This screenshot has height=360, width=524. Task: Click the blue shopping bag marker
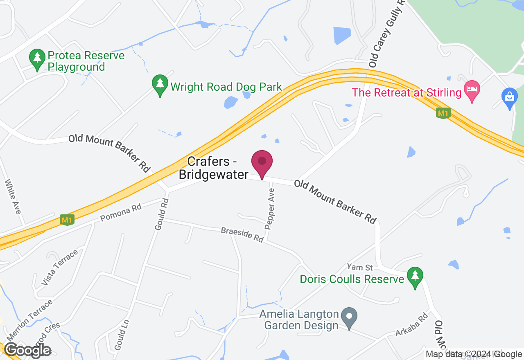tap(509, 97)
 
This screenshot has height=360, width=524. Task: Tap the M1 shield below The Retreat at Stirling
tap(443, 113)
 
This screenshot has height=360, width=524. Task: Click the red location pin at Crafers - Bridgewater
tap(262, 162)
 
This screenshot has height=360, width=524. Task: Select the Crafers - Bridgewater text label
tap(214, 168)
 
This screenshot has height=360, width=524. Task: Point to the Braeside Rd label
tap(242, 235)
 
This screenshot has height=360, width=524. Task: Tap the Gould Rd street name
tap(161, 214)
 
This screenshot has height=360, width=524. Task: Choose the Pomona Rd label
tap(121, 212)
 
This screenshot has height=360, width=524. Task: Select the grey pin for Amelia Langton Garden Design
tap(349, 317)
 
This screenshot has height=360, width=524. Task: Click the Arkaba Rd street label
tap(411, 325)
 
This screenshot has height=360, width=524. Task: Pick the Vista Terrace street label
tap(59, 268)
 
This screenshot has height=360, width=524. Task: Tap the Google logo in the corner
tap(28, 350)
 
